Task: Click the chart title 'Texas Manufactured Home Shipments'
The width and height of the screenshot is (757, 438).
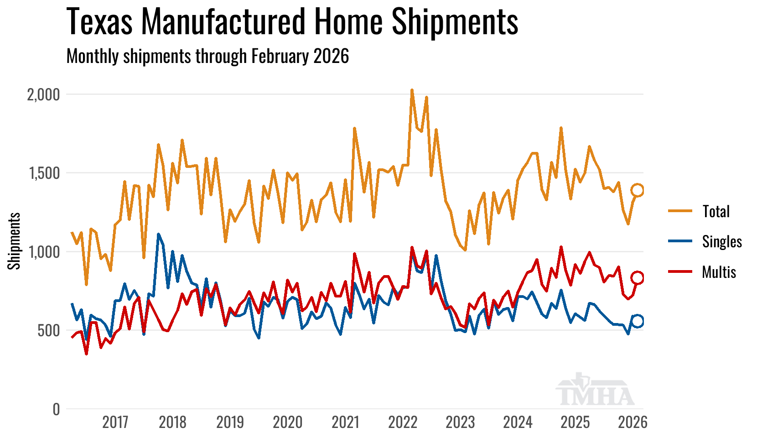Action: pyautogui.click(x=292, y=21)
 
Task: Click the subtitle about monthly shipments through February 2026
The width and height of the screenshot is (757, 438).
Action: pyautogui.click(x=207, y=56)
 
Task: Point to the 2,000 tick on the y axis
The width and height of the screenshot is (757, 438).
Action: pyautogui.click(x=44, y=94)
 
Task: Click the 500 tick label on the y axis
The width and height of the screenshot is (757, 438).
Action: pyautogui.click(x=49, y=331)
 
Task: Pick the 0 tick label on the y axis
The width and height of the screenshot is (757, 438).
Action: pyautogui.click(x=56, y=409)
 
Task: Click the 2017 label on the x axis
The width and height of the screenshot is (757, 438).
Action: pyautogui.click(x=115, y=422)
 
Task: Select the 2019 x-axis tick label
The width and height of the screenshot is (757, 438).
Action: pyautogui.click(x=230, y=422)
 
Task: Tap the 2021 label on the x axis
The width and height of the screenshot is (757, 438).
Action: pyautogui.click(x=345, y=422)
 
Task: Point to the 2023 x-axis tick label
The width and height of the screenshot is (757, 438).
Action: pyautogui.click(x=460, y=422)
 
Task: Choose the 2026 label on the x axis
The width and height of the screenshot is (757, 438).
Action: pyautogui.click(x=633, y=422)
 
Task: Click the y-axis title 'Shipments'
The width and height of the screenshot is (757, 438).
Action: pyautogui.click(x=14, y=241)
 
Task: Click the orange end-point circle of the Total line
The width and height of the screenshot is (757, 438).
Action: pyautogui.click(x=638, y=190)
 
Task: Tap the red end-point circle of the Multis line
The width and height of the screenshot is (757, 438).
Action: pyautogui.click(x=638, y=277)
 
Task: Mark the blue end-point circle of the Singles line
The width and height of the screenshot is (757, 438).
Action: pyautogui.click(x=638, y=321)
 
